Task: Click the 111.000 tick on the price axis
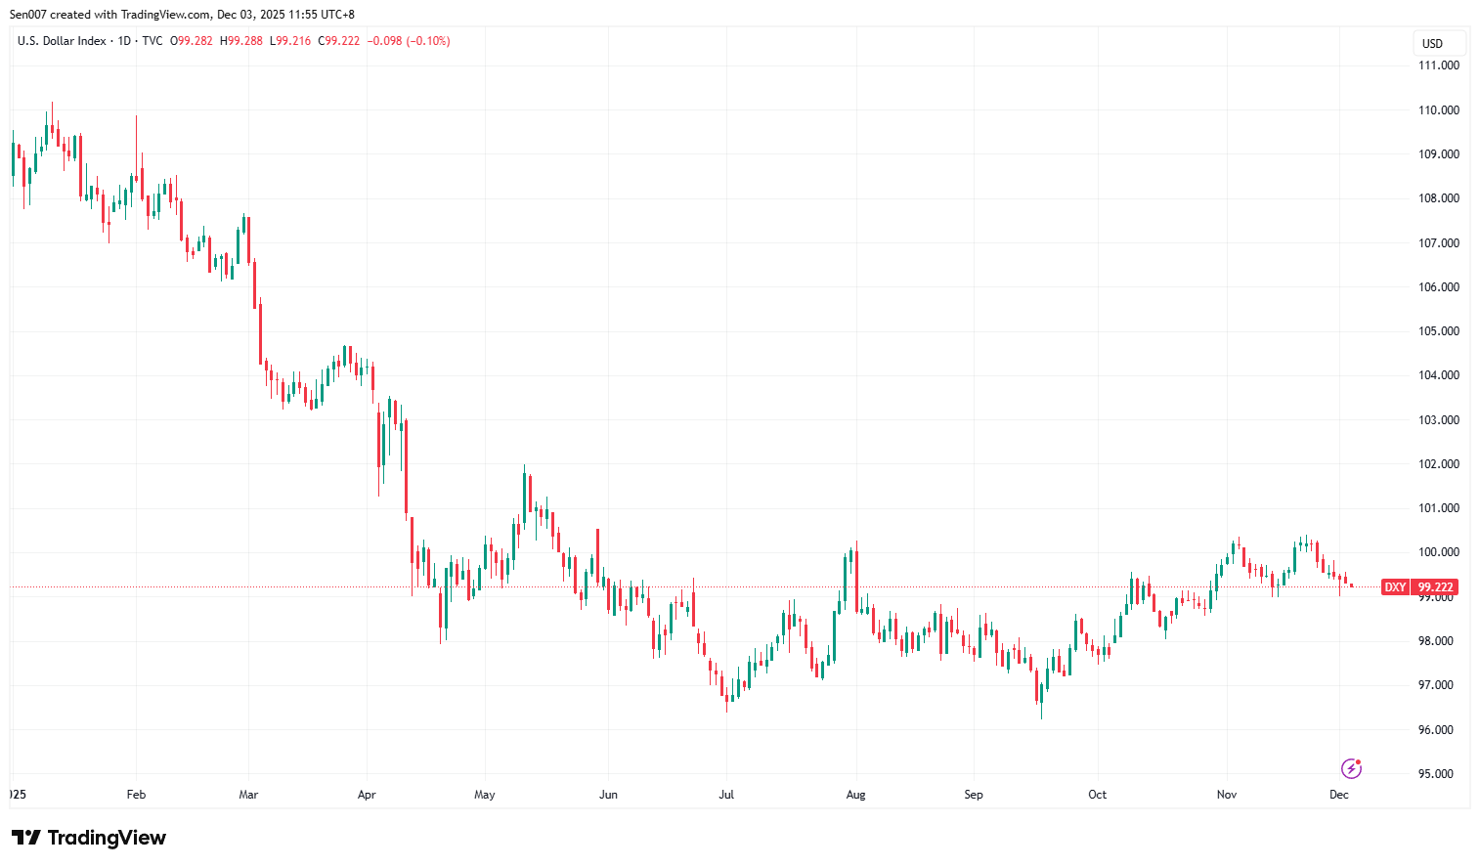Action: [1438, 65]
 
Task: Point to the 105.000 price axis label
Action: [1438, 331]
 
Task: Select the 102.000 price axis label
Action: [1438, 464]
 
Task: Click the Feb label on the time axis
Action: [136, 795]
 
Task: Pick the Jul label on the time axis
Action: [726, 795]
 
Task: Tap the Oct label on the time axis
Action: [1097, 795]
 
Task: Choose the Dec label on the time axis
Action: [1338, 795]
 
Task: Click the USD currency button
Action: [1432, 44]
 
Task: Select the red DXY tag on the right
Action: [1395, 587]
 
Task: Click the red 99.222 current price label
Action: [1436, 587]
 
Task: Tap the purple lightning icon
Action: [1351, 768]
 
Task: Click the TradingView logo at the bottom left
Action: [89, 838]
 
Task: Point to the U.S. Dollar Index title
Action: [62, 41]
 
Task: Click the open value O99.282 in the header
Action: [192, 41]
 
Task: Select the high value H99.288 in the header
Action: [241, 41]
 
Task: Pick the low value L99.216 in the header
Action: [290, 41]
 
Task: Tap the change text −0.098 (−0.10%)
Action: [409, 41]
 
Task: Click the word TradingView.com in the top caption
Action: [165, 15]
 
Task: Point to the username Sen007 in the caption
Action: [29, 15]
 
